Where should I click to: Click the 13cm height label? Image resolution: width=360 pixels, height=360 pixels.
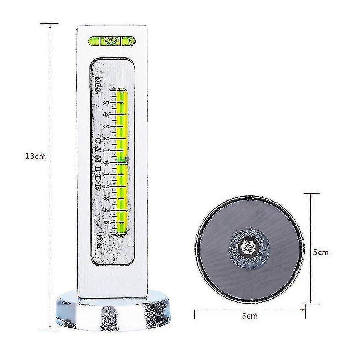36,156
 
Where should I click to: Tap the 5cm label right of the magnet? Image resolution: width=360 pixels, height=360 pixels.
321,253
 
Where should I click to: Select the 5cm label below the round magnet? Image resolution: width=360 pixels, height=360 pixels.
250,316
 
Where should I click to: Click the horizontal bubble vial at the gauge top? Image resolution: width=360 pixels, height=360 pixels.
112,41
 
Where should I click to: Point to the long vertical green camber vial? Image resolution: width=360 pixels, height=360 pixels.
122,161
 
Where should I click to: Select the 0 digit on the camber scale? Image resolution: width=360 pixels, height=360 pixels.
106,162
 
